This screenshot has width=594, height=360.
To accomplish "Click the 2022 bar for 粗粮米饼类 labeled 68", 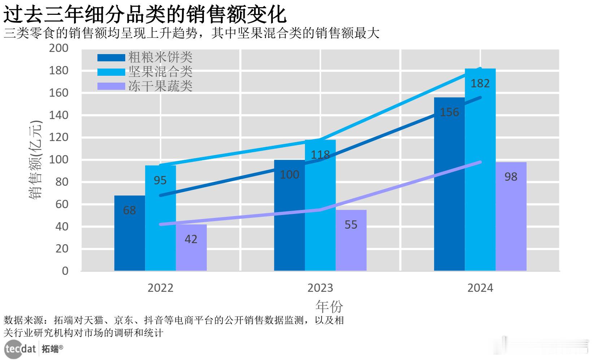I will (x=130, y=233).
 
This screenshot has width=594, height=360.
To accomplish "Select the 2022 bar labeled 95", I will (x=160, y=218).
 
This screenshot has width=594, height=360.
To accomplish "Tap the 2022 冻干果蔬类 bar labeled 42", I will (x=191, y=247).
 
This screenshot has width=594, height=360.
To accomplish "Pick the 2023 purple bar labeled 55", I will (x=351, y=240).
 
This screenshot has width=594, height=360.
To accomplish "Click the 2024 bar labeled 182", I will (x=480, y=170).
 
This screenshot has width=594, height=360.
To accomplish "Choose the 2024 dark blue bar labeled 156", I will (x=449, y=184).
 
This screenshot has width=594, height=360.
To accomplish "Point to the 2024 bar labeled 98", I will (x=511, y=216).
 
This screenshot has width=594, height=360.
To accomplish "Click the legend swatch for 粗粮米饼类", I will (x=111, y=57).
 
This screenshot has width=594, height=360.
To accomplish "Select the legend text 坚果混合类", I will (x=160, y=71).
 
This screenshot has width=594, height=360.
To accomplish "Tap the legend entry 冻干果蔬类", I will (x=160, y=86).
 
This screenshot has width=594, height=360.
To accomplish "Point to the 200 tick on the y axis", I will (x=58, y=48).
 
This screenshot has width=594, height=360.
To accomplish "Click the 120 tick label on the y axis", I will (x=58, y=137).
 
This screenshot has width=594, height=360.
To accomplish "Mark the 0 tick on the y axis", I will (x=65, y=271).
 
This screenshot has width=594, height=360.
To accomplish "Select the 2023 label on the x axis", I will (x=320, y=288).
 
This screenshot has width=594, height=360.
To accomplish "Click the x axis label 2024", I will (x=480, y=288).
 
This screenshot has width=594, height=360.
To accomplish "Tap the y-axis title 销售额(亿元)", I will (x=35, y=160).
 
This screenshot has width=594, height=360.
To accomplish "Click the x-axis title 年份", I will (x=329, y=307).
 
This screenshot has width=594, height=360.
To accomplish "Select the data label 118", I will (x=320, y=155).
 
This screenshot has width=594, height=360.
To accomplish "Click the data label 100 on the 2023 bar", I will (x=289, y=175).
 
